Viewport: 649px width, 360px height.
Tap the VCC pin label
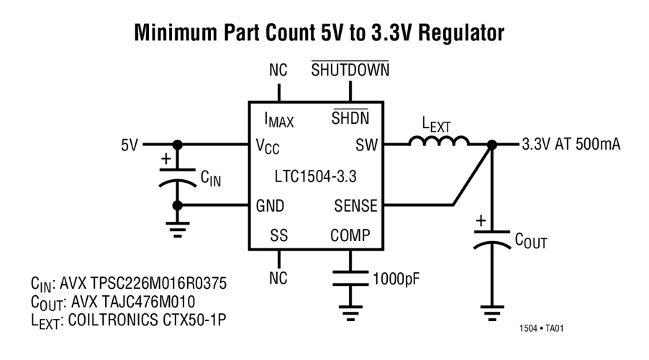point(268,146)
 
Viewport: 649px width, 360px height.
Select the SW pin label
point(366,145)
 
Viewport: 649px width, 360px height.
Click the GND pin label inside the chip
point(270,206)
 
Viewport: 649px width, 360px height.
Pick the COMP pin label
point(350,235)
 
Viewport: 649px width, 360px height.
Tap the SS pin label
point(278,235)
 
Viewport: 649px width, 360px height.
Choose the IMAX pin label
point(278,120)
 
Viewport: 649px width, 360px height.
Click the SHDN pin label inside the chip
point(349,118)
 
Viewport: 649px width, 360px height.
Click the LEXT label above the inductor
point(436,123)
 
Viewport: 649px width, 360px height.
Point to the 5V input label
point(130,145)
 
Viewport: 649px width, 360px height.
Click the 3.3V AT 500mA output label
point(571,145)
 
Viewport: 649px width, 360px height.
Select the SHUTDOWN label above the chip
point(350,70)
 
